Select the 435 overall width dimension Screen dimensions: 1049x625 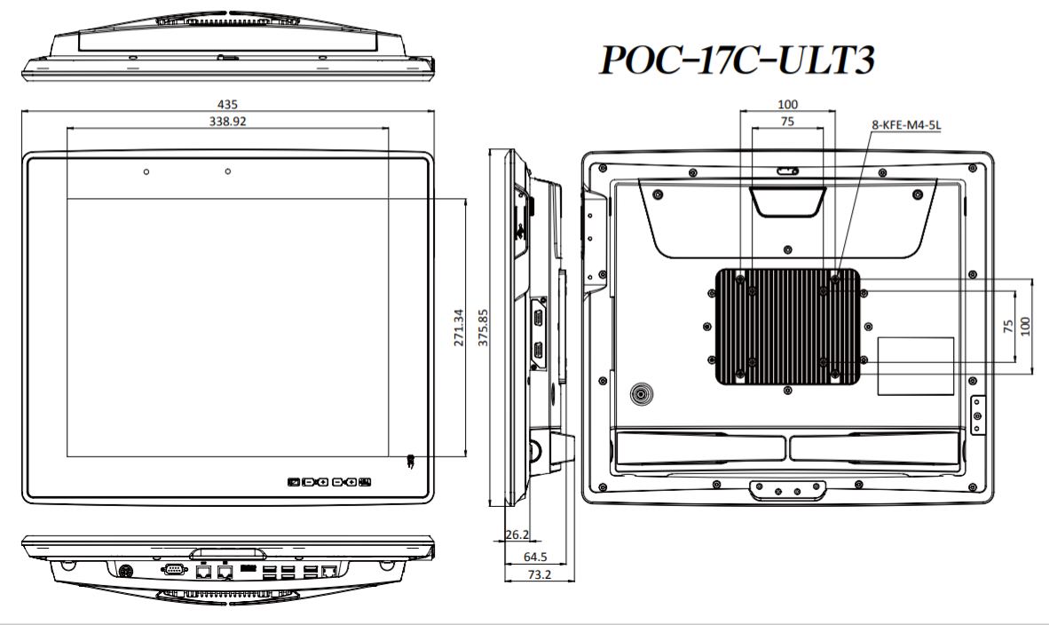(227, 105)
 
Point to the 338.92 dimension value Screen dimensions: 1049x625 (227, 121)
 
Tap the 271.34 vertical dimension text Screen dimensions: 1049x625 (458, 328)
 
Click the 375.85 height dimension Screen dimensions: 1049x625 (483, 328)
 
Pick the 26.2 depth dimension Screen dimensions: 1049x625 (517, 534)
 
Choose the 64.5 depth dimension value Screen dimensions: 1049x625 (535, 557)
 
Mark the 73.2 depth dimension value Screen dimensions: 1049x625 (540, 574)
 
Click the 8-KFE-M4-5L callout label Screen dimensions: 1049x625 (906, 124)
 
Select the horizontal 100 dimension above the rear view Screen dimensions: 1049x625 (787, 105)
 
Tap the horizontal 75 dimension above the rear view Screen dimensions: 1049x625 (787, 121)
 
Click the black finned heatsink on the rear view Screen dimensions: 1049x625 (788, 328)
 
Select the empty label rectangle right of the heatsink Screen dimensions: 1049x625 (915, 366)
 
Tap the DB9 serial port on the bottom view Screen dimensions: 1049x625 (174, 569)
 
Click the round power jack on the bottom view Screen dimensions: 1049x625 (125, 571)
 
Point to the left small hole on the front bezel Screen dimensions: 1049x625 (146, 172)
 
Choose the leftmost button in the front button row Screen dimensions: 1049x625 (293, 482)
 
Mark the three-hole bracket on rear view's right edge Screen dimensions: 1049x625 (977, 415)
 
